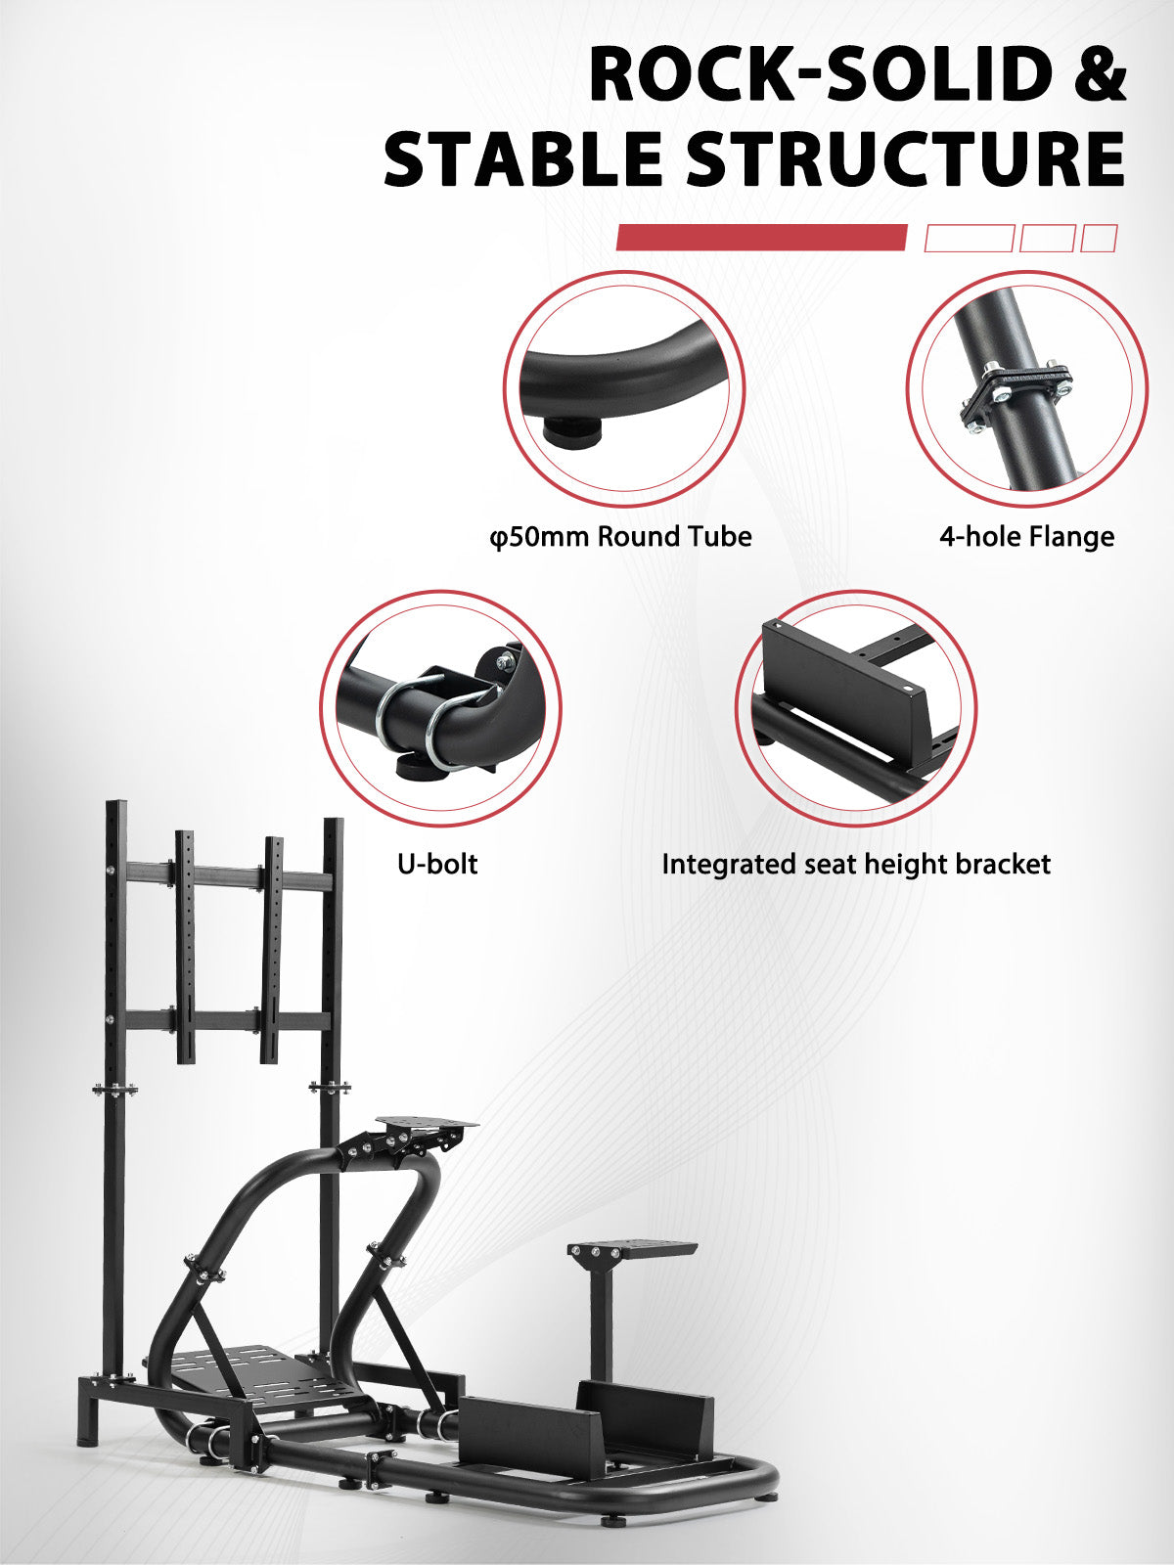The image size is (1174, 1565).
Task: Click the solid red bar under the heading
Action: (761, 238)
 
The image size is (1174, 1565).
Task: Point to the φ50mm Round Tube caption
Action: (620, 536)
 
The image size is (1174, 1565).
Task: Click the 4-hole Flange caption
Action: (1026, 536)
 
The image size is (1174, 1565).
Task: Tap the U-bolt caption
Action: (437, 864)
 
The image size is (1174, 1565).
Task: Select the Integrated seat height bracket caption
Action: (856, 864)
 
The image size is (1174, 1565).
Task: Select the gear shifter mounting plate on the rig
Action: (632, 1250)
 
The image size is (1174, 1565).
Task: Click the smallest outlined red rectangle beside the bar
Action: (1099, 238)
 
